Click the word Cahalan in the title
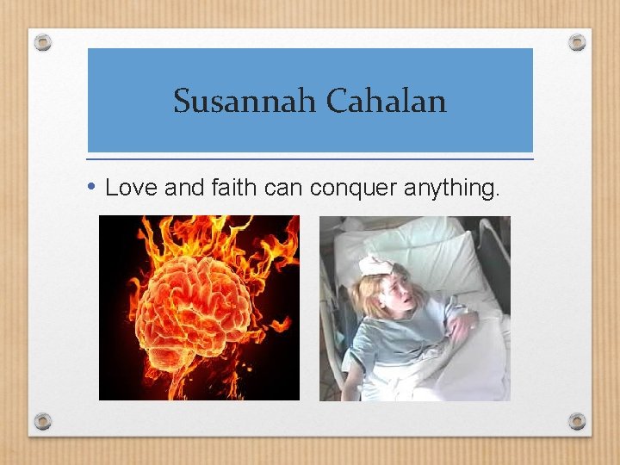tap(386, 102)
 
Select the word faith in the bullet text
tap(226, 188)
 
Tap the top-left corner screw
tap(43, 42)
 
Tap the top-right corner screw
tap(577, 42)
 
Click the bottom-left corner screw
tap(43, 421)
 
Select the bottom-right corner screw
tap(577, 421)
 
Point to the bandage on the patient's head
tap(376, 265)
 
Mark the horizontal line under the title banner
tap(310, 159)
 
